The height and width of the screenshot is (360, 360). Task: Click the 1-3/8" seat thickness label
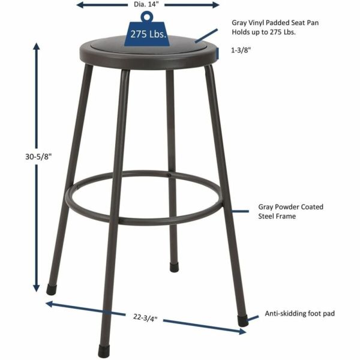pos(241,51)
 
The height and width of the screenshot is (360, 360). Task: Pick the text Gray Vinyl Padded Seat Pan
pos(271,23)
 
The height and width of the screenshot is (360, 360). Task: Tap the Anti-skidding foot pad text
pos(299,313)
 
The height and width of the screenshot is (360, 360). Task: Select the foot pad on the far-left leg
pos(52,289)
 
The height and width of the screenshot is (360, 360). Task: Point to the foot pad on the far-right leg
pos(242,320)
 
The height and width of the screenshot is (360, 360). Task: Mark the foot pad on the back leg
pos(174,266)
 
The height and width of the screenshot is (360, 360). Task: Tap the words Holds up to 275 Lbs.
pos(264,32)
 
